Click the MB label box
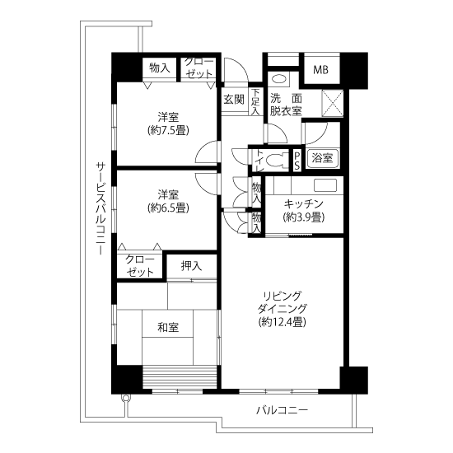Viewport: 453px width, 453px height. click(321, 70)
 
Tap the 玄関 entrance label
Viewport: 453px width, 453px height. click(234, 100)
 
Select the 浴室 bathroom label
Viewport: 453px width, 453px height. click(322, 158)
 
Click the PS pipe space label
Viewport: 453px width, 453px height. click(297, 161)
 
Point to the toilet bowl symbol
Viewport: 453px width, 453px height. click(277, 161)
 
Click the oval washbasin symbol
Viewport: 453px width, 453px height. click(279, 79)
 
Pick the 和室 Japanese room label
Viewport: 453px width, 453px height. click(168, 327)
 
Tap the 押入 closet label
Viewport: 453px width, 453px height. click(191, 266)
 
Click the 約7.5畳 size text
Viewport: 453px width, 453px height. click(168, 130)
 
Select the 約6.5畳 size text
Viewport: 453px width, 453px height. click(168, 208)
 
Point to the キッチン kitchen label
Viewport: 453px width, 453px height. click(303, 204)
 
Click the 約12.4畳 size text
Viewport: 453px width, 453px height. click(282, 321)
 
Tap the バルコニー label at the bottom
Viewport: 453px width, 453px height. click(282, 409)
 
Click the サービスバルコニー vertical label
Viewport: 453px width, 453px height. click(100, 208)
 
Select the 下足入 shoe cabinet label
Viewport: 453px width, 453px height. click(255, 101)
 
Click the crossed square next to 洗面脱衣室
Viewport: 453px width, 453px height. click(332, 104)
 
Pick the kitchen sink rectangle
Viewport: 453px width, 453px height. click(325, 185)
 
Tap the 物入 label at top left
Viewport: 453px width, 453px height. click(159, 68)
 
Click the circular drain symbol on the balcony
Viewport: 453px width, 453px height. click(125, 399)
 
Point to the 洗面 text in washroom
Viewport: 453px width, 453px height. click(286, 99)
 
